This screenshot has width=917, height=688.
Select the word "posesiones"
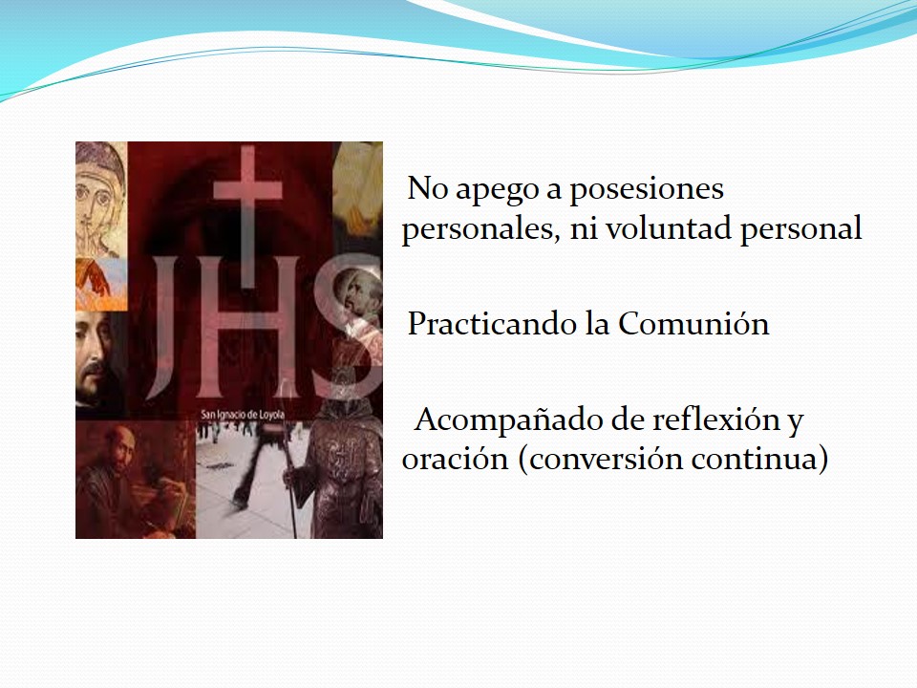click(x=647, y=189)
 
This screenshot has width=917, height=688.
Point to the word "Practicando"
click(x=492, y=323)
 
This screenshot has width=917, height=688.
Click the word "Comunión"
click(x=693, y=323)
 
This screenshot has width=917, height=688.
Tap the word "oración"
click(x=455, y=458)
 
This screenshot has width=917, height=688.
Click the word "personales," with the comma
click(x=478, y=228)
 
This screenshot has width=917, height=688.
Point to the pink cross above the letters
click(x=248, y=217)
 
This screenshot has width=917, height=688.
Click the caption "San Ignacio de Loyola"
click(x=243, y=415)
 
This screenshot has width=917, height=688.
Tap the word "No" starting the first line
click(x=428, y=189)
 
